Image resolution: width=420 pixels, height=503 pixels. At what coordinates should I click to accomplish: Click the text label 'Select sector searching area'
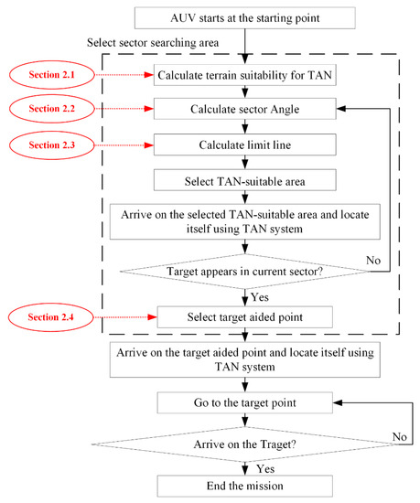[156, 43]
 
